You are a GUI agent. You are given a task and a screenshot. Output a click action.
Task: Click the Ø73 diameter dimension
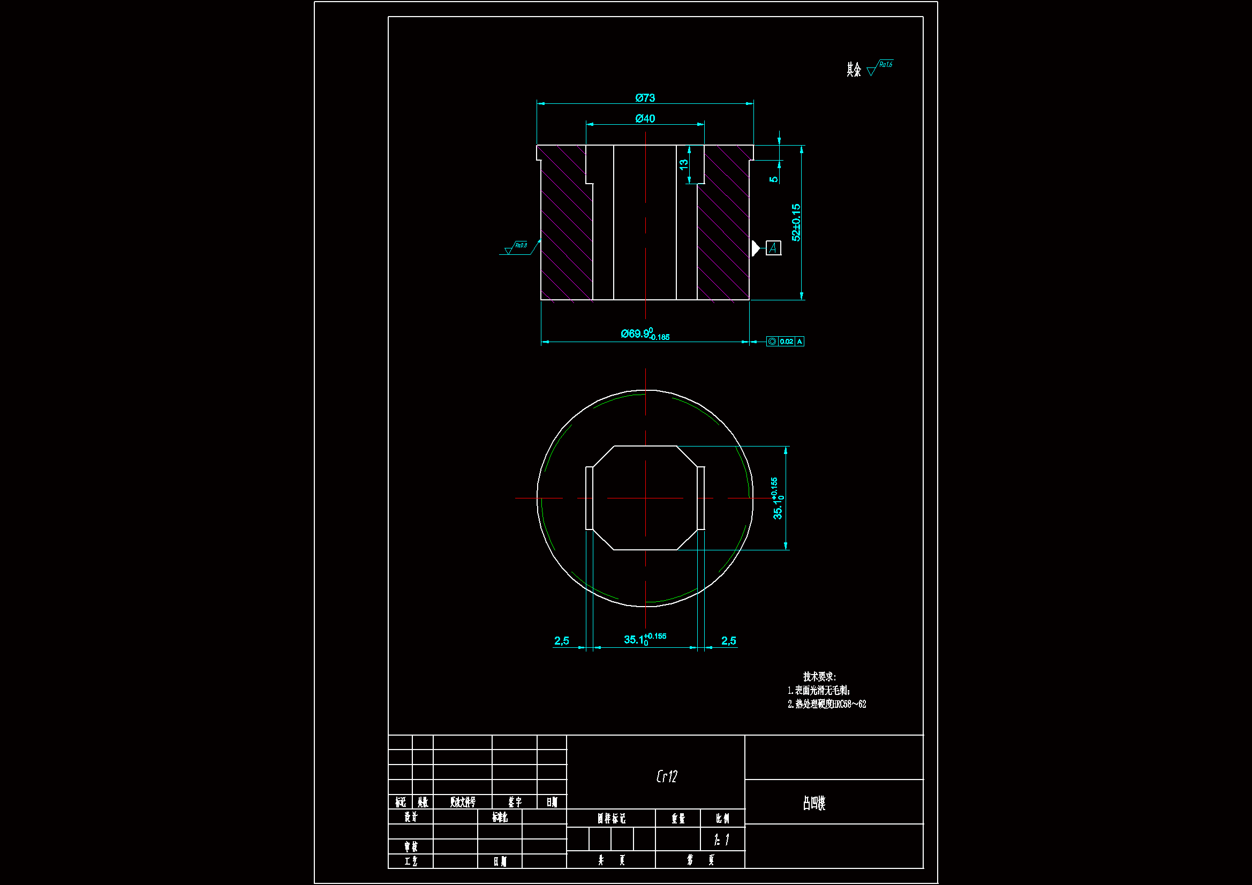tap(645, 97)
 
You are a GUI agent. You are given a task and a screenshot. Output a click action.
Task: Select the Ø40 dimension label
tap(645, 118)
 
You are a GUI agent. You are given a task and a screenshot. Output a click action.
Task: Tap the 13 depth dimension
tap(684, 164)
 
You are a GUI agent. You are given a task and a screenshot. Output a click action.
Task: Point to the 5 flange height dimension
tap(774, 179)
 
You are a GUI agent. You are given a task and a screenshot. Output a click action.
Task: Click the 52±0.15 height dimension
tap(796, 222)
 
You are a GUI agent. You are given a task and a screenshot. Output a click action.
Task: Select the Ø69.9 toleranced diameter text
tap(645, 334)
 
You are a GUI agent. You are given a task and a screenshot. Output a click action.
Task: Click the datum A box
tap(773, 248)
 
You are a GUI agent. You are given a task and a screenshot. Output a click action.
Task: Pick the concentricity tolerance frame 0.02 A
tap(785, 342)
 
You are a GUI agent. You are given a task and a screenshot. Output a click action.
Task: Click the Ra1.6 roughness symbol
tap(880, 67)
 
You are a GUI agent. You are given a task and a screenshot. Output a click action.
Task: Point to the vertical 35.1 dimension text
tap(778, 498)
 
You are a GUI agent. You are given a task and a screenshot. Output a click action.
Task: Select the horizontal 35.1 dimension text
tap(645, 639)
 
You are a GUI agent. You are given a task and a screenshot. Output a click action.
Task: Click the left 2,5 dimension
tap(561, 640)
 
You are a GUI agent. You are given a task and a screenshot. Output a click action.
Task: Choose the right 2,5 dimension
tap(728, 640)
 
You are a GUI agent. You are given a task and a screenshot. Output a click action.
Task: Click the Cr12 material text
tap(666, 776)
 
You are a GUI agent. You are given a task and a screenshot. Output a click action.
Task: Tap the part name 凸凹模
tap(813, 803)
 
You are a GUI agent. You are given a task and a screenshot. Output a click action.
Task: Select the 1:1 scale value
tap(721, 839)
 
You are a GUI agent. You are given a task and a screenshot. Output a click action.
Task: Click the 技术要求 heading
tap(819, 676)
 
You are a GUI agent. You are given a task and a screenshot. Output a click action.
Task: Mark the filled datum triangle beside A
tap(756, 248)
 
